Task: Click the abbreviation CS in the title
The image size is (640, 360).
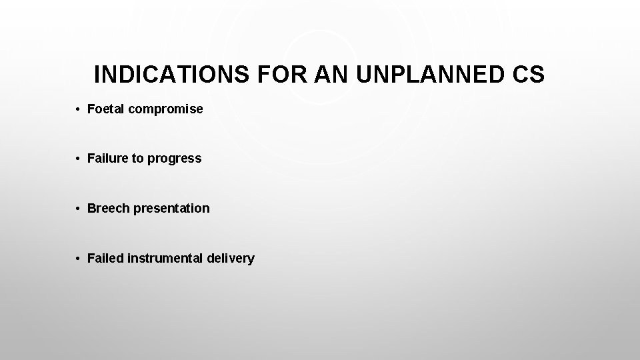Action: [529, 75]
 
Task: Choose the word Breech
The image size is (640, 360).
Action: [109, 208]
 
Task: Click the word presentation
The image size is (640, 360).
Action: [171, 209]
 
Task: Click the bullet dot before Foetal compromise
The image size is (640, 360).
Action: [78, 109]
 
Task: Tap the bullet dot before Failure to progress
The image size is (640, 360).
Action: [78, 159]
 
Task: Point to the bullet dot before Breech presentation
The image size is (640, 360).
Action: [78, 209]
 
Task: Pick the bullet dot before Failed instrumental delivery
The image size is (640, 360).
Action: [78, 259]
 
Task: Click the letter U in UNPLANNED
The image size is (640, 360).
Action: [364, 75]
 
